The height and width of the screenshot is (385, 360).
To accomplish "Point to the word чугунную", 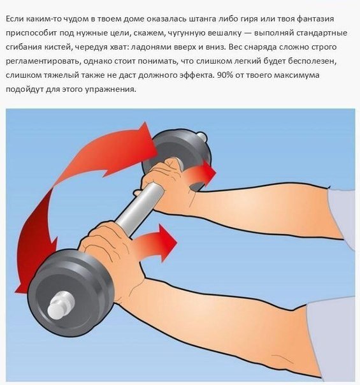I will (189, 34).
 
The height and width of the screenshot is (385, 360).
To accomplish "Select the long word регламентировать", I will (45, 62).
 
